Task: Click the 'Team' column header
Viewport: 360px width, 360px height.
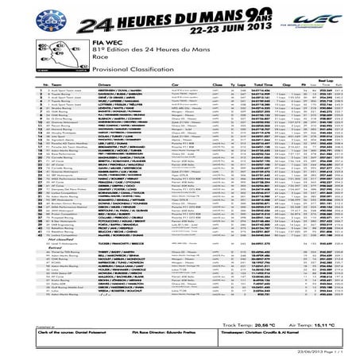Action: tap(59, 105)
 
